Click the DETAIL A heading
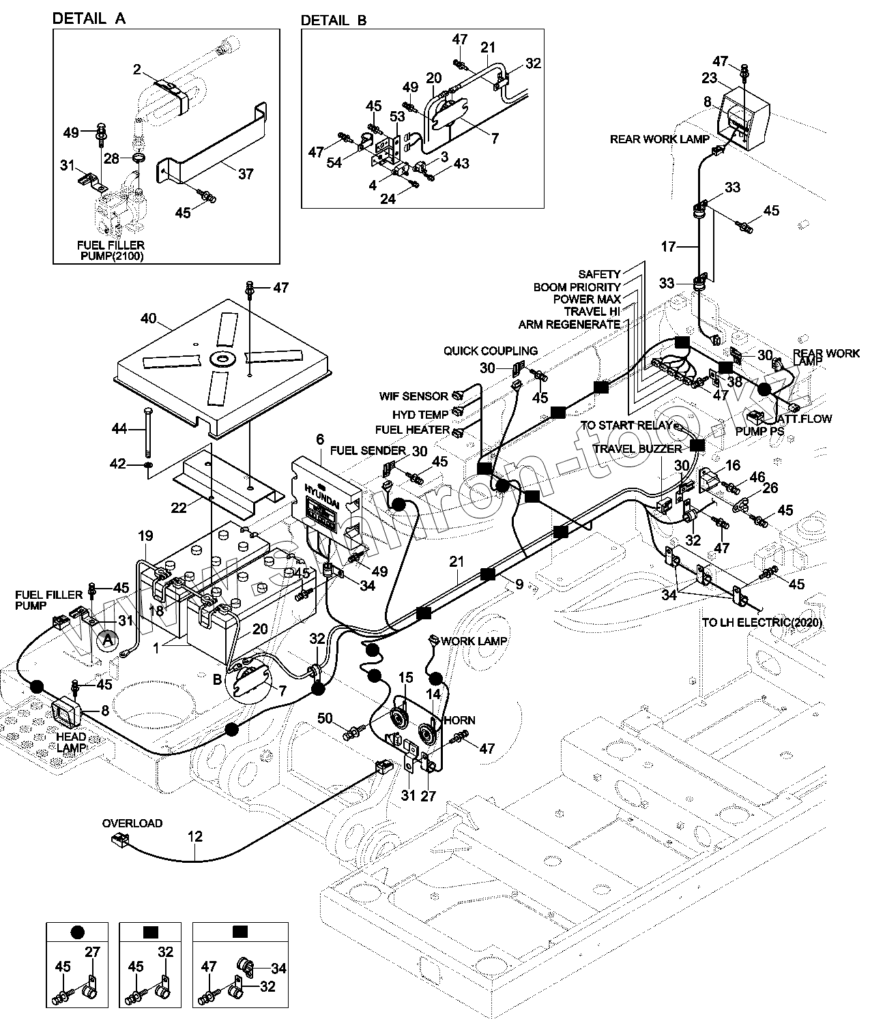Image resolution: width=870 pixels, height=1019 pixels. pos(89,19)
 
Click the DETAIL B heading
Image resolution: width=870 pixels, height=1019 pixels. pos(334,20)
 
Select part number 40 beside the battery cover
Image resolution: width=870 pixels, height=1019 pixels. pos(149,319)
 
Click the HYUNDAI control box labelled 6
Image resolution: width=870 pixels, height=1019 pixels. pos(326,498)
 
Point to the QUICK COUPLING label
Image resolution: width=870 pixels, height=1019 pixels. pos(490,351)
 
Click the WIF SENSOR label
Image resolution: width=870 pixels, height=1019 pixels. pos(414,396)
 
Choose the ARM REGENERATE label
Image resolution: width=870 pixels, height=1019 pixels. pos(569,324)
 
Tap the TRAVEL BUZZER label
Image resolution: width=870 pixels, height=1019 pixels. pos(637,449)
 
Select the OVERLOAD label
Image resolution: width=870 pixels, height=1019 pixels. pos(132,823)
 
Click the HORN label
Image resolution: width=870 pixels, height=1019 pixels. pos(460,720)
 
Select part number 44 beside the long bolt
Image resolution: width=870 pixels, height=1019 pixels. pos(120,429)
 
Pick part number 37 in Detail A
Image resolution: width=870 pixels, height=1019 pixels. pos(245,174)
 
